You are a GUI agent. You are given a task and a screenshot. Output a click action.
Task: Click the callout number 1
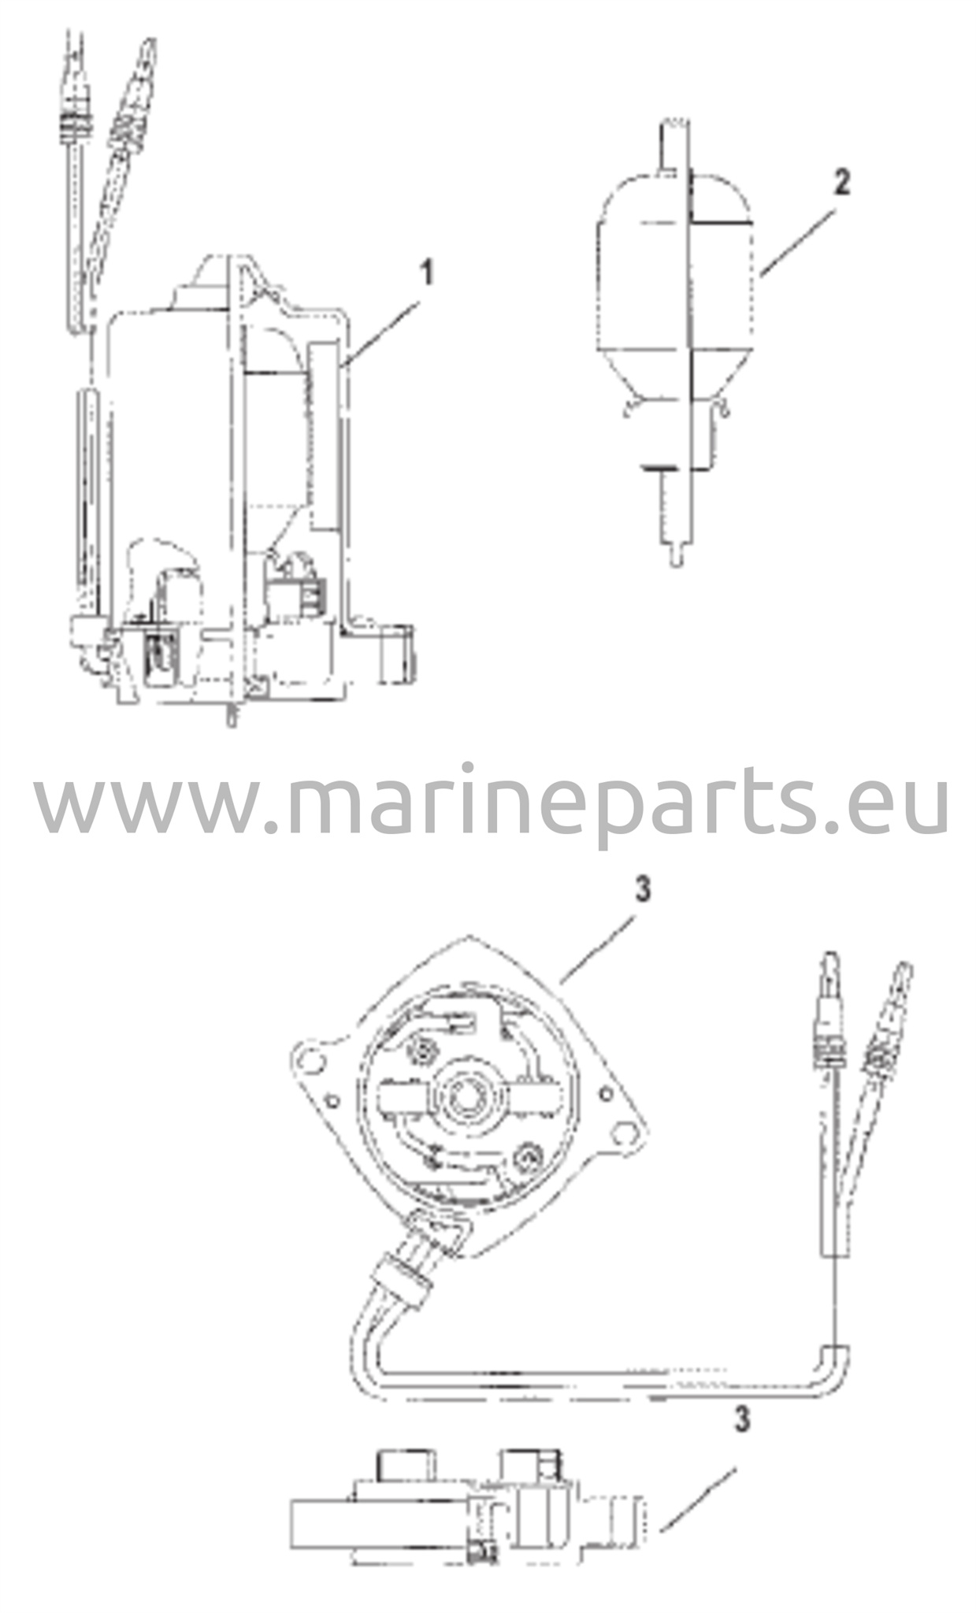pos(426,275)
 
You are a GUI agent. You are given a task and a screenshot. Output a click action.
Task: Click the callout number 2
pos(842,184)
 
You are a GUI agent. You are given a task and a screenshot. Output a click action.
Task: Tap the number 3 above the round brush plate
pos(643,890)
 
